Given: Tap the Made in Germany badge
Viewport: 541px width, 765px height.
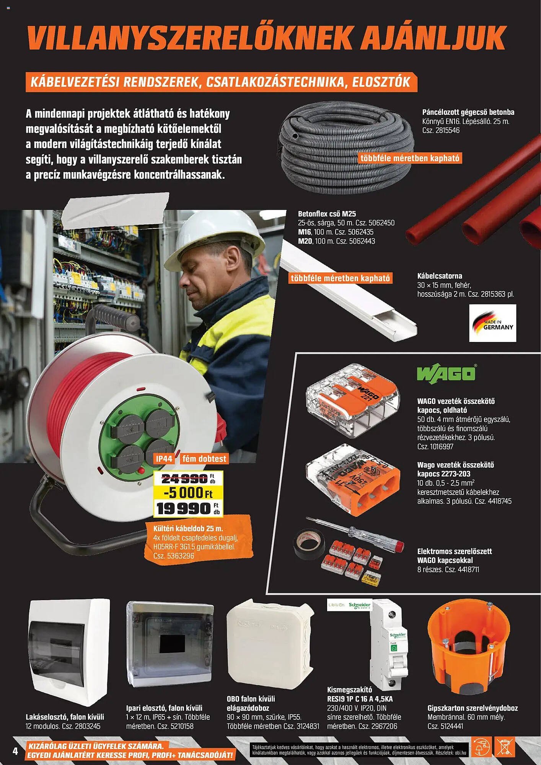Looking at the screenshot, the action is click(x=492, y=323).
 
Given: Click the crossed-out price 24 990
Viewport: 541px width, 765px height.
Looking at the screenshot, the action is click(x=185, y=479).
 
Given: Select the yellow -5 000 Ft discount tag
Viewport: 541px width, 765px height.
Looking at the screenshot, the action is click(x=188, y=492).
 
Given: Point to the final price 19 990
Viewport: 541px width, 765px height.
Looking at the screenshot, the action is click(x=184, y=508).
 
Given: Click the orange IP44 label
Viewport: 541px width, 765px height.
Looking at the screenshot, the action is click(x=164, y=459).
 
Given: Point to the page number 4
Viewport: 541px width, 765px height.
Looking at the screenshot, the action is click(x=15, y=751).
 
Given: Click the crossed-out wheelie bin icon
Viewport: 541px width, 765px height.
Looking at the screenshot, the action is click(x=505, y=747).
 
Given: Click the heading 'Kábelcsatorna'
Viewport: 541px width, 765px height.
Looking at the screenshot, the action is click(x=440, y=276).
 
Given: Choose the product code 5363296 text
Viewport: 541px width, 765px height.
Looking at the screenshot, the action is click(x=181, y=556).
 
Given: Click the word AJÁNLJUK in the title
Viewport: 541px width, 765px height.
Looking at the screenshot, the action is click(x=433, y=37).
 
